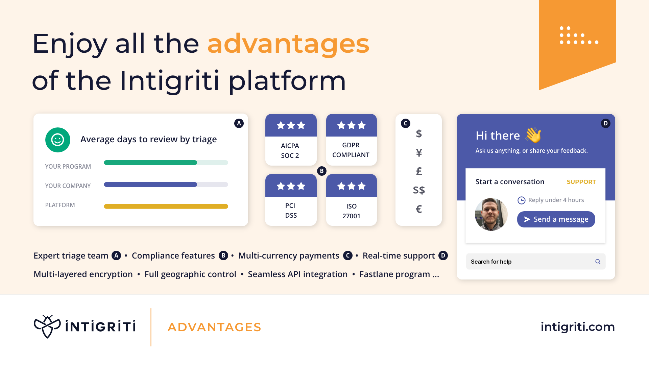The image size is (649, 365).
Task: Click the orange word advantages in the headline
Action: tap(288, 44)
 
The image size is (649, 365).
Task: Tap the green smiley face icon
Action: tap(57, 140)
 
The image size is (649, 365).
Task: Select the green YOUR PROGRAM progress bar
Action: tap(150, 163)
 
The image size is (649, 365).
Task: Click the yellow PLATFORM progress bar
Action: tap(166, 206)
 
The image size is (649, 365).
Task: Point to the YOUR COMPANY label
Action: tap(68, 186)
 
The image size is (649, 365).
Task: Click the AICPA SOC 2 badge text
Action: tap(290, 151)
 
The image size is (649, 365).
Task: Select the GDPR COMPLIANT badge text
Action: tap(351, 150)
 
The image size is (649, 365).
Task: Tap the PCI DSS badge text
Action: tap(291, 211)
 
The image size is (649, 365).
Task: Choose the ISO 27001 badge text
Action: tap(351, 211)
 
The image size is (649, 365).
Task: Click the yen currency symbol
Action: tap(419, 153)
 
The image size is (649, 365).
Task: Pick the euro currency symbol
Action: tap(419, 209)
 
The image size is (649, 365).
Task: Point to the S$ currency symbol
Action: tap(419, 190)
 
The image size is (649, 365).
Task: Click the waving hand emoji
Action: tap(533, 135)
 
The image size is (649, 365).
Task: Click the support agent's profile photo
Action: tap(491, 214)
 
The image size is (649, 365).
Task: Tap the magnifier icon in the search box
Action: tap(598, 262)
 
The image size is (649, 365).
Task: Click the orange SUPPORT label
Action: tap(581, 182)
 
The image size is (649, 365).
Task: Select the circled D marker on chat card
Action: tap(605, 123)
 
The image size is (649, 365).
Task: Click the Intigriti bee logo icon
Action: tap(47, 326)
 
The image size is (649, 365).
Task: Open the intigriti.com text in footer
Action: tap(578, 327)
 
